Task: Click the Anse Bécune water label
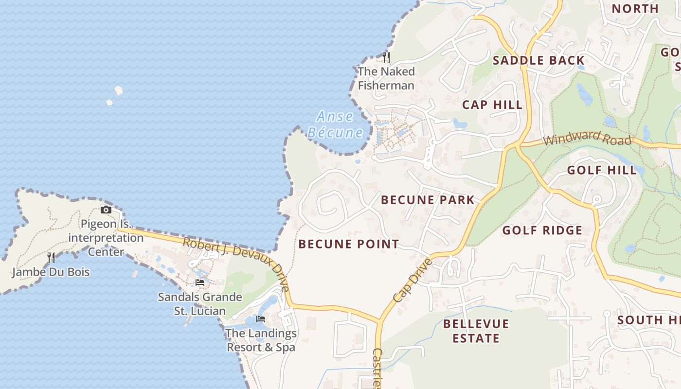click(335, 124)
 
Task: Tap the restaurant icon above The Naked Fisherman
click(386, 57)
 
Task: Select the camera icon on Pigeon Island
click(106, 210)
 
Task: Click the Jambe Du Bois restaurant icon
click(51, 257)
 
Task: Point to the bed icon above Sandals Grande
click(199, 282)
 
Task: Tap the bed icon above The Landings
click(261, 319)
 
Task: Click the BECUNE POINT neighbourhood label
click(348, 244)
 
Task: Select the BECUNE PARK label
click(428, 200)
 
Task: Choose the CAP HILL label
click(492, 105)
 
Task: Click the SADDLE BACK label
click(538, 60)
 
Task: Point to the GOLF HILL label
click(602, 170)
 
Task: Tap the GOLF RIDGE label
click(542, 230)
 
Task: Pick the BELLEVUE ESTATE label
click(476, 331)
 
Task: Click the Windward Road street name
click(587, 138)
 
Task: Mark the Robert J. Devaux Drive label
click(237, 263)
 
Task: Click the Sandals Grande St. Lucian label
click(199, 304)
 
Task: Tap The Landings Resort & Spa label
click(261, 340)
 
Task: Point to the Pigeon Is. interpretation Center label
click(106, 238)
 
